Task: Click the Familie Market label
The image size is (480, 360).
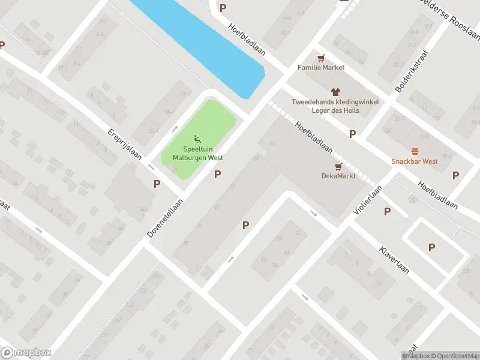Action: (x=321, y=67)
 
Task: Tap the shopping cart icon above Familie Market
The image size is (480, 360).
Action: (x=322, y=58)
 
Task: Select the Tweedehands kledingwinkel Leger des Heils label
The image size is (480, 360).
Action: (x=335, y=106)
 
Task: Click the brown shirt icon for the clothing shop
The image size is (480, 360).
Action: (x=335, y=92)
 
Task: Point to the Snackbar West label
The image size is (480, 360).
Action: (x=415, y=161)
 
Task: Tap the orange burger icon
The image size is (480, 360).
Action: (x=415, y=152)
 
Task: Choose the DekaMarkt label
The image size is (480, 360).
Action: (x=338, y=176)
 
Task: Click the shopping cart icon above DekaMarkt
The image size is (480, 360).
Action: (x=338, y=167)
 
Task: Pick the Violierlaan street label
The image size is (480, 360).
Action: (x=368, y=200)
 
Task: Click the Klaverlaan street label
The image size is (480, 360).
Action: (x=394, y=259)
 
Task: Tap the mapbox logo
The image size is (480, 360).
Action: (x=26, y=353)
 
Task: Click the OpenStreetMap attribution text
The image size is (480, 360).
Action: (x=454, y=356)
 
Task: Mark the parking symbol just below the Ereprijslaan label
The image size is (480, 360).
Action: (x=157, y=184)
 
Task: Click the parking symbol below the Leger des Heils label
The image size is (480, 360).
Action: (x=352, y=134)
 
